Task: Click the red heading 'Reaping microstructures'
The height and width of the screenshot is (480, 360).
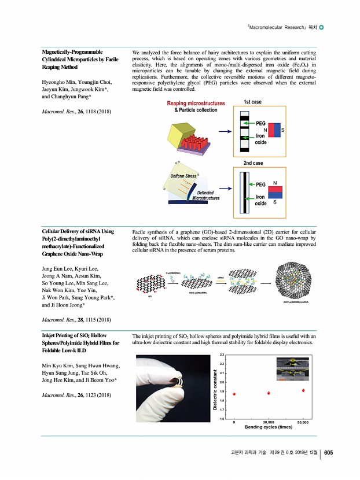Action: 196,103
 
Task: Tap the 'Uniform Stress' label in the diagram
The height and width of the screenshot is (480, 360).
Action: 183,175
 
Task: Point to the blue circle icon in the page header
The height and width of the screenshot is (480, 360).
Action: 322,27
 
